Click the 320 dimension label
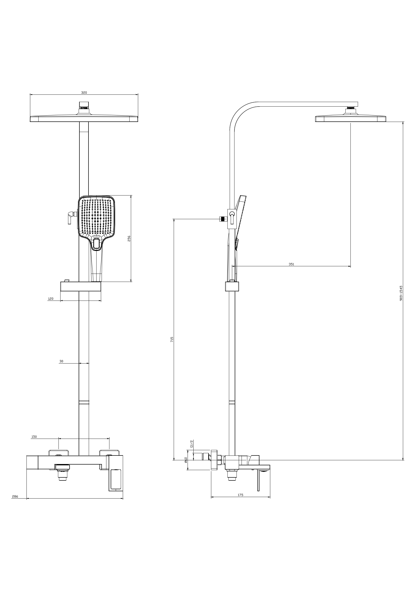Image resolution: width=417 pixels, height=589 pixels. [84, 93]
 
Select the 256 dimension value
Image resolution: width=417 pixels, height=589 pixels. [129, 238]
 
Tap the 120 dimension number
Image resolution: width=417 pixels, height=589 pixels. [51, 299]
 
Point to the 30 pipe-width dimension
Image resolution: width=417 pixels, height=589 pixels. [61, 361]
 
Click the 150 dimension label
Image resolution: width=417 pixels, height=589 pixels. [34, 437]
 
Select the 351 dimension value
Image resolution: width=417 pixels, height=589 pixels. [291, 264]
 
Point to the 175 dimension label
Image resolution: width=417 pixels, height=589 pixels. [240, 495]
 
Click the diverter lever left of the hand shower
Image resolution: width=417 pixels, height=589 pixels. [70, 217]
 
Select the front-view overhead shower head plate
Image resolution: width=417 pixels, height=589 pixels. [84, 119]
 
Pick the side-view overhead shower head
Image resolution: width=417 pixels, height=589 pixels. [350, 118]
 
